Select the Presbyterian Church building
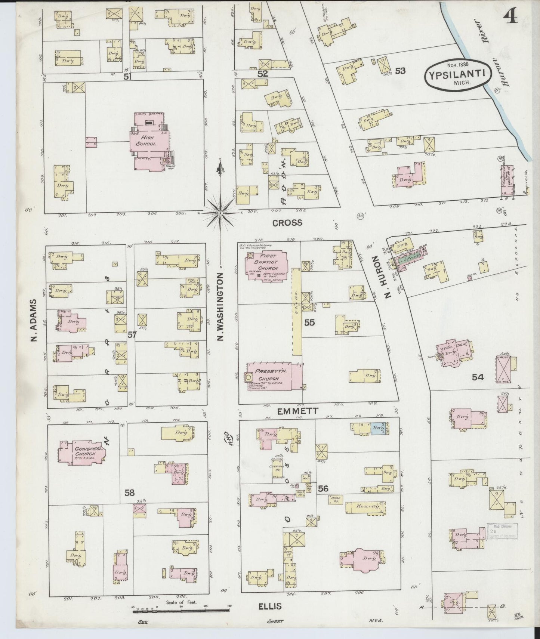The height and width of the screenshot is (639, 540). point(275,376)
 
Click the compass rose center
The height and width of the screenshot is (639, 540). point(220,213)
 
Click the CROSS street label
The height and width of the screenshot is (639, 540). point(287,223)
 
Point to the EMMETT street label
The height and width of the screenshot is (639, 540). point(298,411)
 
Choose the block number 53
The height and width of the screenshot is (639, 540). point(400,71)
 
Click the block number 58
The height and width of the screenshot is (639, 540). point(129,493)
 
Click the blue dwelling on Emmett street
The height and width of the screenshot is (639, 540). point(378,428)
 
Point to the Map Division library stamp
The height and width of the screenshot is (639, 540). point(502,531)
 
